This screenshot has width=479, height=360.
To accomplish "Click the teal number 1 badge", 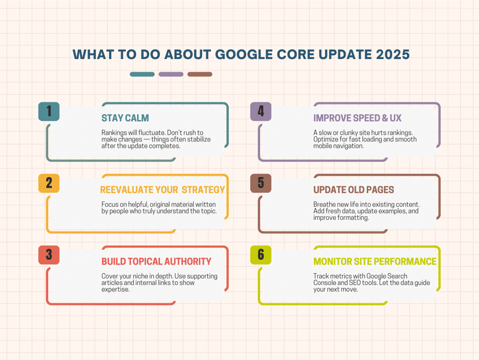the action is (x=49, y=111).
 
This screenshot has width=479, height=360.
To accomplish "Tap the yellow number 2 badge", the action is (x=49, y=183).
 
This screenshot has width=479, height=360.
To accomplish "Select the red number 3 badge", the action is (x=49, y=255).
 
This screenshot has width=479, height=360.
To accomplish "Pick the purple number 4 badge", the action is (x=261, y=111).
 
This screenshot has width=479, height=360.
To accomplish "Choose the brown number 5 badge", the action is (x=261, y=183).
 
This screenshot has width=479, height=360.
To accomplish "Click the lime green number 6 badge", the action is (x=261, y=255).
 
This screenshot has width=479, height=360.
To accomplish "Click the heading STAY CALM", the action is (x=125, y=118).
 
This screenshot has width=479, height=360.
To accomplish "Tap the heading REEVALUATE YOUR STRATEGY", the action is (x=162, y=190).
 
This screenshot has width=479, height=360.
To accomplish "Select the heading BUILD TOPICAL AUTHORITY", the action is (x=156, y=262).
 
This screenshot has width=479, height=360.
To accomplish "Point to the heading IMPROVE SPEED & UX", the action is (x=358, y=118).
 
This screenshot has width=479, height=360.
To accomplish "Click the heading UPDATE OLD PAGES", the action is (x=354, y=190).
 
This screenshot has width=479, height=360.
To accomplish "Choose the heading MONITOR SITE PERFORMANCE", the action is (x=375, y=262).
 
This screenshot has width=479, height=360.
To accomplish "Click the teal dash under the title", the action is (x=142, y=74).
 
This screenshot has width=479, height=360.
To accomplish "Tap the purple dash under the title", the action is (x=171, y=74).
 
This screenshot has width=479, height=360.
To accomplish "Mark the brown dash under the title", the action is (x=200, y=74).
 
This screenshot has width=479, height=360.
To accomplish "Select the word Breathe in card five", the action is (x=324, y=204).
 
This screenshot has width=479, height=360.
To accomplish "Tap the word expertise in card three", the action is (x=115, y=289).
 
